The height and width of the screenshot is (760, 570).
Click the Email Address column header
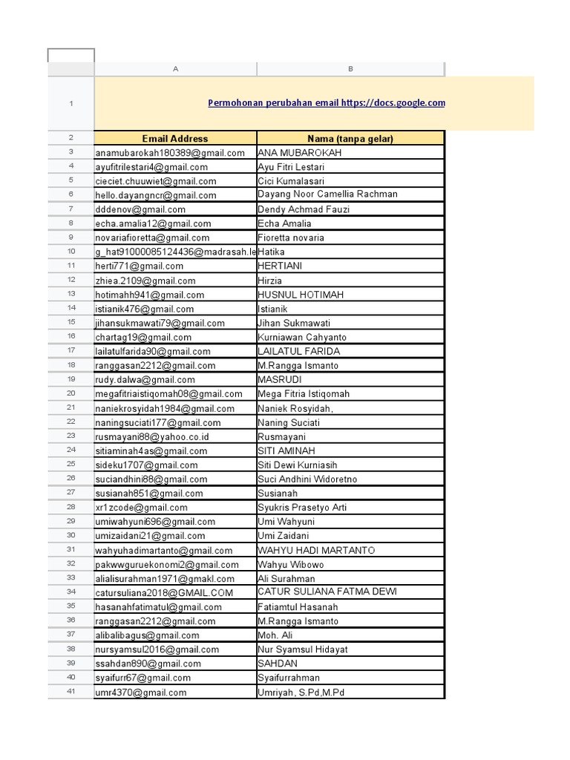coord(175,138)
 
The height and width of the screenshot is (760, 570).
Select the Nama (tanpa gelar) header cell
coord(350,138)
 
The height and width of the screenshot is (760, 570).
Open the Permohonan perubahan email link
coord(327,103)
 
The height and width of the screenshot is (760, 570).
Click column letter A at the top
coord(176,69)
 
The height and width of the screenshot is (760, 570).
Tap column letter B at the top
coord(351,69)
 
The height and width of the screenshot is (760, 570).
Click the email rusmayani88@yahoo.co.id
coord(152,436)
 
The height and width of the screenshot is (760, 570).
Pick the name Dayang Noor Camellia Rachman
coord(327,194)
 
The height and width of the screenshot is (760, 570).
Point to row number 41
coord(71,692)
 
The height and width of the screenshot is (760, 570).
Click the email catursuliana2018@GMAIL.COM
coord(164,592)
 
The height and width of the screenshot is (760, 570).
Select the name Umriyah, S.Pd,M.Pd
coord(301,692)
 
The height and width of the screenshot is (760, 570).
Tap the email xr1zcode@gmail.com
coord(142,508)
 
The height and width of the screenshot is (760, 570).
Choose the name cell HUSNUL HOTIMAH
coord(301,295)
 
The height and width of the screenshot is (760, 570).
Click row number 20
coord(71,393)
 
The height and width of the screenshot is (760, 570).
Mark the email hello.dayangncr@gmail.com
coord(156,195)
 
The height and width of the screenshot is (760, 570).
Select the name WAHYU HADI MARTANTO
coord(316,550)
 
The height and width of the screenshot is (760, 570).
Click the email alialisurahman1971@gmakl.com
coord(165,578)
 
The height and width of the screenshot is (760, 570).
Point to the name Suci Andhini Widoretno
coord(307,479)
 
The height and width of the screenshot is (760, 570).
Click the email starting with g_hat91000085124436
coord(175,252)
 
